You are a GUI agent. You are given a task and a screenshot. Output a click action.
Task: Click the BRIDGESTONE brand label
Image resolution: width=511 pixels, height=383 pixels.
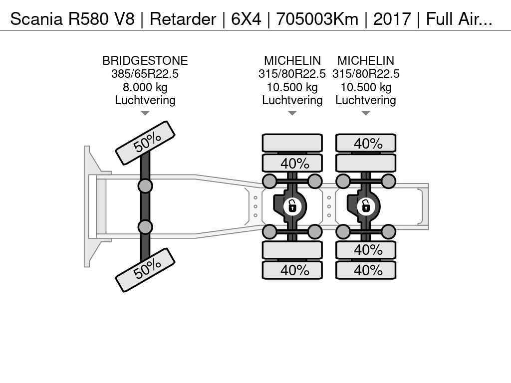[x=145, y=61]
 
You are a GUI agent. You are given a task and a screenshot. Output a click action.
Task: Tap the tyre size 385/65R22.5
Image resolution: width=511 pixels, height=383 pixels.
[x=145, y=74]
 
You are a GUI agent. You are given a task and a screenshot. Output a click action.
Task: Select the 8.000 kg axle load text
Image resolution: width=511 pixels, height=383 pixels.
[x=145, y=87]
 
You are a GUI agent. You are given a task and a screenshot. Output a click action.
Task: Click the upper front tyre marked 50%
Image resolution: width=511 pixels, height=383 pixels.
[x=145, y=143]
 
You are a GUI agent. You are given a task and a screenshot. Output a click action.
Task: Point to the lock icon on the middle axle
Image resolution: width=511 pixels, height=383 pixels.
[x=292, y=205]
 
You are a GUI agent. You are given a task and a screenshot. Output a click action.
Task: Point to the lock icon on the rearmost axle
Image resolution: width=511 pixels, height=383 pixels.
[x=365, y=205]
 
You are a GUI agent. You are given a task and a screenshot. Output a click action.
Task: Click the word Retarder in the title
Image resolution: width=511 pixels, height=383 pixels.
[x=183, y=19]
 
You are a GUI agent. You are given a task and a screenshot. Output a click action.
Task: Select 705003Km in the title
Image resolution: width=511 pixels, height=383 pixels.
[x=317, y=19]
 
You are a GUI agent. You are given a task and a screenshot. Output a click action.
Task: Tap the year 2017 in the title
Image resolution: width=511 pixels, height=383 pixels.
[x=392, y=19]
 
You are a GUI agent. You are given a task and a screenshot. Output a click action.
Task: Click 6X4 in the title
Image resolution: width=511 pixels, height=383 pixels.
[x=247, y=19]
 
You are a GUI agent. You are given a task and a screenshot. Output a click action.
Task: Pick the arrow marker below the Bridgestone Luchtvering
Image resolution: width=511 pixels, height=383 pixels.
[x=145, y=113]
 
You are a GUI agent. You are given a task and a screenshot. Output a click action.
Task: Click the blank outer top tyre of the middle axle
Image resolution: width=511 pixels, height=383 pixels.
[x=292, y=143]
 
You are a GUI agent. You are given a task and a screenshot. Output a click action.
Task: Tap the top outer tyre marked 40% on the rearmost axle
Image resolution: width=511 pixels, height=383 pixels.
[x=366, y=143]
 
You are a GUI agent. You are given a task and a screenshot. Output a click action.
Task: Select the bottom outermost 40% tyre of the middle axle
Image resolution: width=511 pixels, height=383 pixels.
[x=292, y=270]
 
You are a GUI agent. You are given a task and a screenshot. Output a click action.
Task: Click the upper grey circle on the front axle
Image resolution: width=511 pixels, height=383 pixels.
[x=145, y=187]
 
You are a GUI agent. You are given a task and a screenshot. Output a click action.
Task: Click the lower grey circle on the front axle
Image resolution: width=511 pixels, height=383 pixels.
[x=145, y=227]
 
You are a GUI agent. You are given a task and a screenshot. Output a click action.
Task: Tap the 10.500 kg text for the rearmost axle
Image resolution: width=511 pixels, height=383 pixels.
[x=366, y=87]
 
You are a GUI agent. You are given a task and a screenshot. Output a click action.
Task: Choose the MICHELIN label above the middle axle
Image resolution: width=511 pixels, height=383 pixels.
[x=292, y=61]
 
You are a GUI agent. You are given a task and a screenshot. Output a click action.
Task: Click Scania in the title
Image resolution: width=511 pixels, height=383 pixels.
[x=36, y=19]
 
